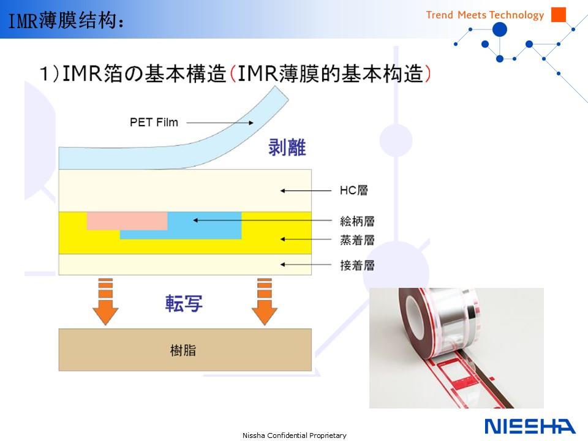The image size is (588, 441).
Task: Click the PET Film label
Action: click(154, 123)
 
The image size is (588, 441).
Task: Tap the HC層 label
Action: click(353, 190)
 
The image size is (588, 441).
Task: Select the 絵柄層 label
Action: click(357, 221)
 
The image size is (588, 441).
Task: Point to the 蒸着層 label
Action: click(357, 239)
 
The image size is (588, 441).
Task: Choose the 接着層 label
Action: click(357, 265)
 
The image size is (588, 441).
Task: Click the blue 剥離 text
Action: click(287, 147)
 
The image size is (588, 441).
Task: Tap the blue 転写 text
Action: click(184, 303)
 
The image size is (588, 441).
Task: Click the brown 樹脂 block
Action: click(185, 350)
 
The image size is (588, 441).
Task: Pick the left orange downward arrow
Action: click(105, 301)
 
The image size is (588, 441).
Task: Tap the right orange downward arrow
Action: click(265, 301)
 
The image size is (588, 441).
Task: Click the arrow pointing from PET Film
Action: click(220, 123)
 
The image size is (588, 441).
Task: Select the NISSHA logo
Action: click(530, 426)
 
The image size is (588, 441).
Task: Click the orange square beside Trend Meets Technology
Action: click(559, 15)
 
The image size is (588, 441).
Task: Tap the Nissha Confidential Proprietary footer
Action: click(295, 435)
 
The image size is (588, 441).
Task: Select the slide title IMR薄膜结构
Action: click(66, 20)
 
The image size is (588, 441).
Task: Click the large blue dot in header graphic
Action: click(500, 29)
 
